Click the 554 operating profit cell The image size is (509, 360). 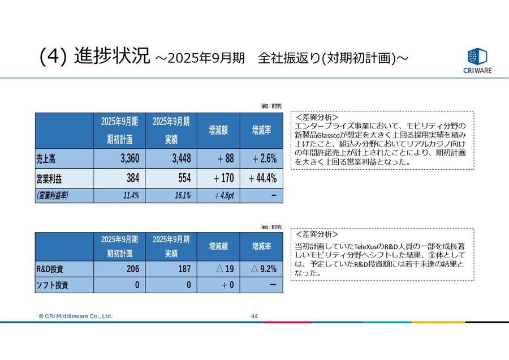(171, 178)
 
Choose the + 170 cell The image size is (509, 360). (218, 178)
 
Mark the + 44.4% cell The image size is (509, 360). (264, 178)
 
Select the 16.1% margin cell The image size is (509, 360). (171, 195)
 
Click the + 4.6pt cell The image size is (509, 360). (218, 195)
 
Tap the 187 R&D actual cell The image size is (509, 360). (171, 269)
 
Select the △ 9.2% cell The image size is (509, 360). (264, 269)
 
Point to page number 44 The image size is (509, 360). (255, 316)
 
